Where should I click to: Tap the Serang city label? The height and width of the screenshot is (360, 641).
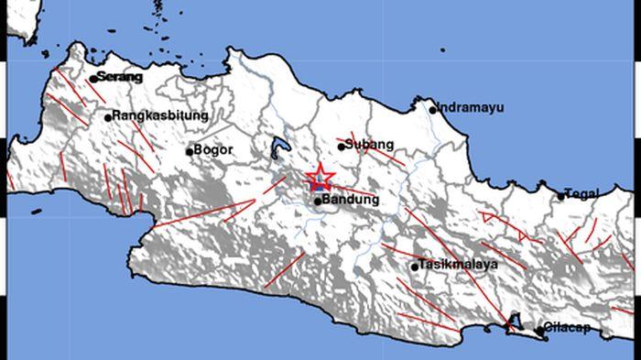tap(120, 77)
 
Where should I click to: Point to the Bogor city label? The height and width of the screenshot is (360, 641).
tap(214, 150)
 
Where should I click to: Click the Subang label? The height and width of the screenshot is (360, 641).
tap(369, 144)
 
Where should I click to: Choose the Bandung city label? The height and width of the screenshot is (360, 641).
tap(352, 199)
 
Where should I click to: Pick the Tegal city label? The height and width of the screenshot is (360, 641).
tap(583, 193)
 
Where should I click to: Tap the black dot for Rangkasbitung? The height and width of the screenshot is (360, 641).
tap(107, 117)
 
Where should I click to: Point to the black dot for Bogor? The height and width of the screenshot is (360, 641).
tap(189, 151)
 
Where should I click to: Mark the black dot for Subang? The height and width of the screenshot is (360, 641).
tap(341, 146)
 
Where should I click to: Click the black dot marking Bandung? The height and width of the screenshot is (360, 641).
tap(317, 201)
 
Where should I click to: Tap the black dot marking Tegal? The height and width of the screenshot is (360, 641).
tap(561, 195)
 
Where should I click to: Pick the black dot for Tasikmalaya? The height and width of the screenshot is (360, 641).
tap(414, 267)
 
